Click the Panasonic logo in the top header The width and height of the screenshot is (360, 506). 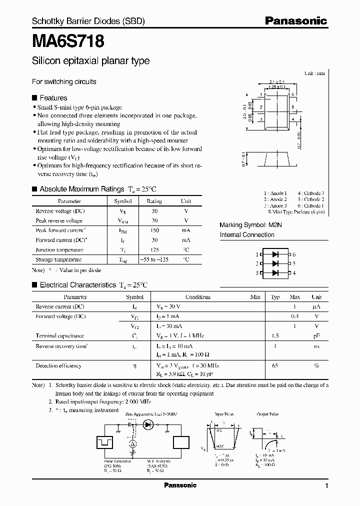pos(295,21)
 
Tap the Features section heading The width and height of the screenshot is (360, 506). pos(53,98)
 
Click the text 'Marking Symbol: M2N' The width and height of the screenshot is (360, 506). pos(251,225)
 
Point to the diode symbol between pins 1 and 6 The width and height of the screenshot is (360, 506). pos(275,254)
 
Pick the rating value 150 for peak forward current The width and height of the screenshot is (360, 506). pos(154,230)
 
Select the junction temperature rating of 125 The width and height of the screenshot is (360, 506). pos(154,249)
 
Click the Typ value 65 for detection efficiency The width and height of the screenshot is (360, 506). pos(275,365)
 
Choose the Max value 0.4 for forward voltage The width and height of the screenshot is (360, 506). pos(295,316)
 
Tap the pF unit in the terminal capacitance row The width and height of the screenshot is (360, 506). pos(316,336)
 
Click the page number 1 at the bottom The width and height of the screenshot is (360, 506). pos(326,486)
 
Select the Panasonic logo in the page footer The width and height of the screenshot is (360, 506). pos(180,485)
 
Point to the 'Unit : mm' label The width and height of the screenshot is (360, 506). pos(314,73)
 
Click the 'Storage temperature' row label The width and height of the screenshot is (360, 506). pos(58,259)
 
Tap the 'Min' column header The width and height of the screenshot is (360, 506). pos(255,296)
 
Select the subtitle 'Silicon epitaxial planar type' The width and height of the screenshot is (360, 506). pos(90,61)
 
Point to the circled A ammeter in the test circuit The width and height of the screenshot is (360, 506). pos(133,444)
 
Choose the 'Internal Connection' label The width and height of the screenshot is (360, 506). pos(247,234)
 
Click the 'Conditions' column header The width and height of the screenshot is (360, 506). pos(198,296)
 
